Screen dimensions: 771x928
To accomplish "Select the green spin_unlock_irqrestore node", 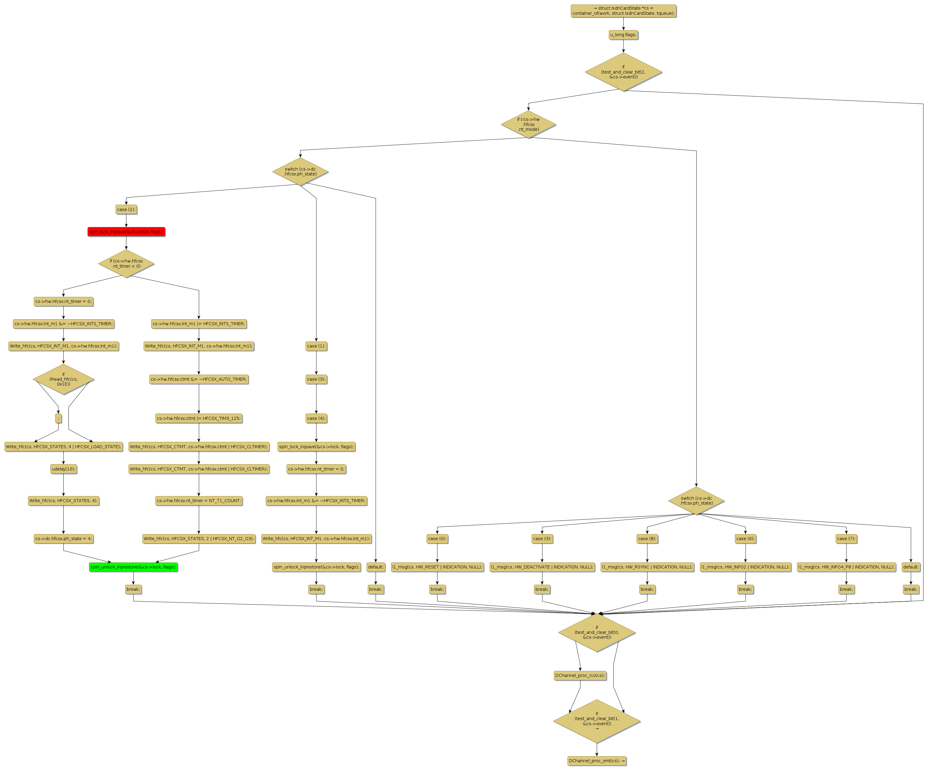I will click(133, 567).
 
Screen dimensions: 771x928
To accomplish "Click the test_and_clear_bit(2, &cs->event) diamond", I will click(623, 72).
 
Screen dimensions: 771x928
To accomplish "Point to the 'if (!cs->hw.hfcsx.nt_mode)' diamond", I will click(529, 124).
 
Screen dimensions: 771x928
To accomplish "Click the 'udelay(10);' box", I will click(64, 469).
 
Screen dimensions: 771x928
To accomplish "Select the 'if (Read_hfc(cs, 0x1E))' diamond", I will click(64, 379).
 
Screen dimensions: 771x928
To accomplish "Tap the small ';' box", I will click(58, 418).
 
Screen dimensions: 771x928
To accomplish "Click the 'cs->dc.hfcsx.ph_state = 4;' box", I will click(64, 539).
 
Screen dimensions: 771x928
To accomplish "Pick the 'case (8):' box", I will click(647, 539).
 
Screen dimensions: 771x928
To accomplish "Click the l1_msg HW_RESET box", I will click(437, 567).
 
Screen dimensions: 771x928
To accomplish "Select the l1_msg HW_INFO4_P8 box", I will click(846, 567).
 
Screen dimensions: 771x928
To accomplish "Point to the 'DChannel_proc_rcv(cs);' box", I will click(580, 676).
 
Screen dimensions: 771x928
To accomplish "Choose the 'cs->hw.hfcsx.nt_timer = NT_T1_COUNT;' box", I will click(199, 501).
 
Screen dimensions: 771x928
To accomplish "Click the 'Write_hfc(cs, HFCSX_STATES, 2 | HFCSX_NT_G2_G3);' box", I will click(199, 539).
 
